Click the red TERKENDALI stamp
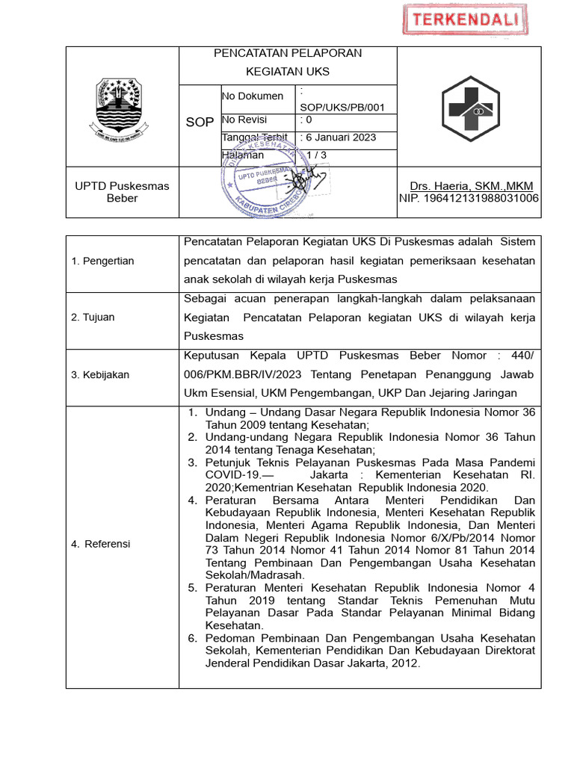coord(460,21)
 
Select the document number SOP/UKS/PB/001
coord(342,107)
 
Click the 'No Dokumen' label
coord(253,96)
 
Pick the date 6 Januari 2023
coord(338,137)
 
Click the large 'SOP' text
coord(200,122)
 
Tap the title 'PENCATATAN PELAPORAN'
coord(288,53)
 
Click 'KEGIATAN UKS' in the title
coord(288,72)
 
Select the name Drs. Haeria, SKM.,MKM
coord(471,185)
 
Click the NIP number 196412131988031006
coord(469,198)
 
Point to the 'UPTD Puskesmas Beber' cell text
coord(122,192)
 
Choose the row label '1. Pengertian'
coord(103,261)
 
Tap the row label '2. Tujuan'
coord(93,318)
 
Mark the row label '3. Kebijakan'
coord(100,374)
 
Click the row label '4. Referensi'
coord(101,544)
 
